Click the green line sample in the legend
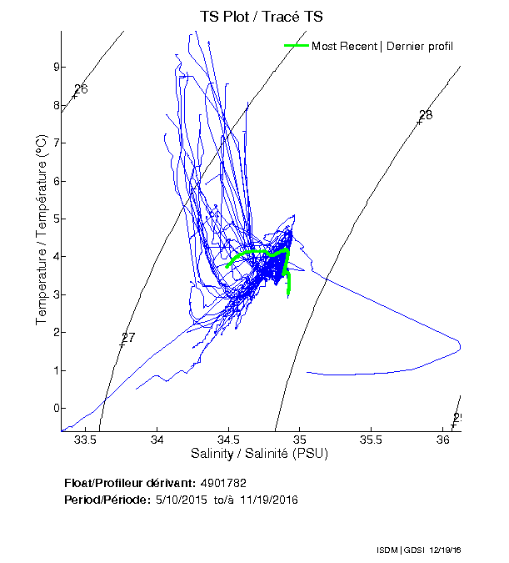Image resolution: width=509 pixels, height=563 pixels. [297, 45]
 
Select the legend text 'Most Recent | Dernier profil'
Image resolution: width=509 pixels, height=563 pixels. [382, 46]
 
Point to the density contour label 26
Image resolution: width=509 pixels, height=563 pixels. [81, 89]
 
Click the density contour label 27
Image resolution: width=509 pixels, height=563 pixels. [127, 338]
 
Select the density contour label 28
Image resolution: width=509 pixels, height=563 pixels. [425, 115]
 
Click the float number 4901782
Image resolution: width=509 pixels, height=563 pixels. [222, 483]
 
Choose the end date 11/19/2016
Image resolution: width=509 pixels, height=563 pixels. [269, 500]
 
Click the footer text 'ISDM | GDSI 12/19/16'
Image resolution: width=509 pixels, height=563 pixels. [417, 551]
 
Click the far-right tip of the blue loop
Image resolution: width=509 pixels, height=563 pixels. [460, 345]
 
